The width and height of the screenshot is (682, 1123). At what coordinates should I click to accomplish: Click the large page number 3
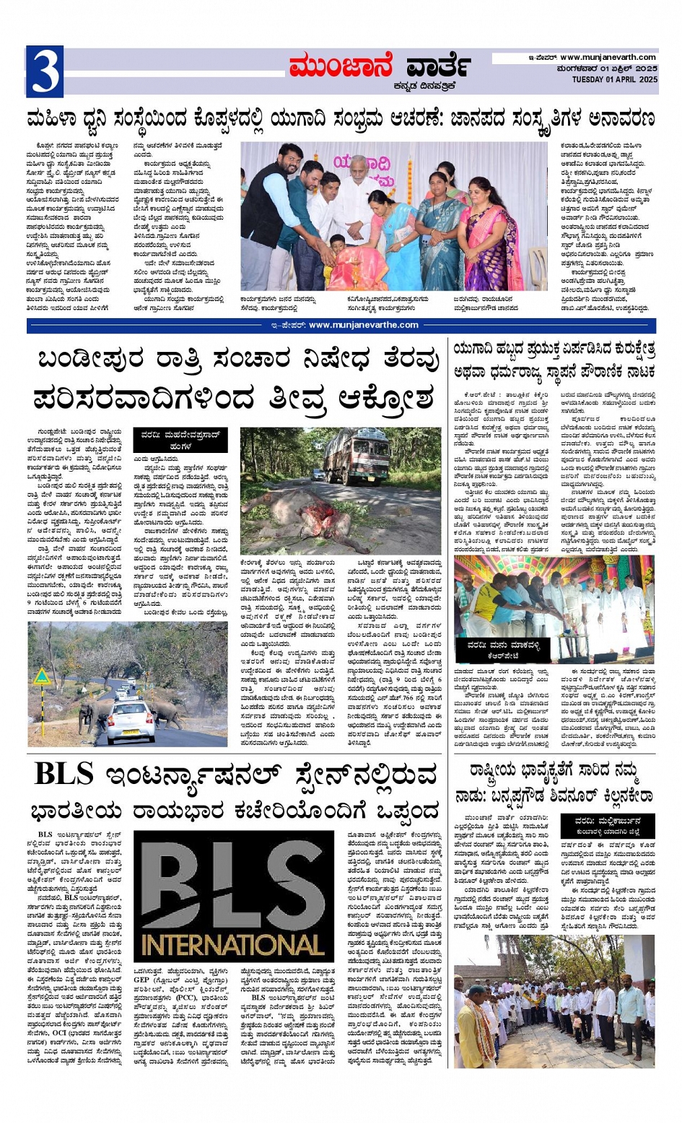(45, 71)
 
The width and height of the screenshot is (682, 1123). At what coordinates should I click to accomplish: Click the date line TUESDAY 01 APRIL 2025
(614, 80)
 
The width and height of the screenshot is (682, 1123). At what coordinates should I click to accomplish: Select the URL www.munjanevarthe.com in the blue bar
(363, 325)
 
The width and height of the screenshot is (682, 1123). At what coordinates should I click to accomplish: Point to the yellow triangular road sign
(43, 677)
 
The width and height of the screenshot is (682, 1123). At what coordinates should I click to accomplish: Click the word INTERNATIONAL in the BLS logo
(233, 945)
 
